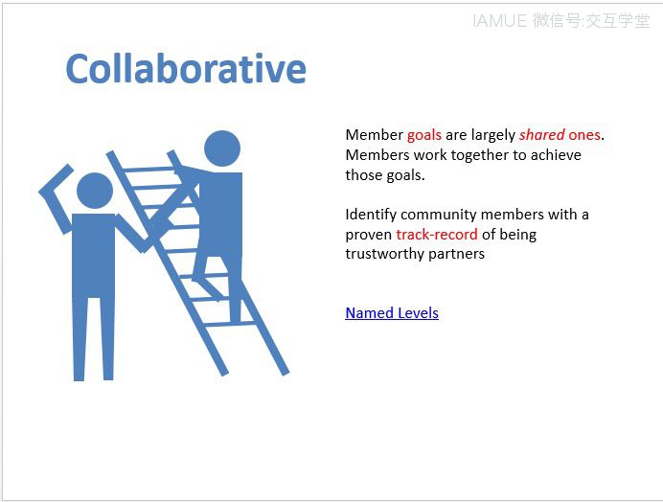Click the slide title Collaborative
186,69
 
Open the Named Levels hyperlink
392,313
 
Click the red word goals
424,135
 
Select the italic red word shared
541,134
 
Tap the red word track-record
437,234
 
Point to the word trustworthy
385,254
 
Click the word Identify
371,215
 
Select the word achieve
556,155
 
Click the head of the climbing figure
222,148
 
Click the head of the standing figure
95,191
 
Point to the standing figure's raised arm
56,196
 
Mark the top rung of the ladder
149,170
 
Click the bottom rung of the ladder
231,324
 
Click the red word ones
584,135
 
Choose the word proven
368,235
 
